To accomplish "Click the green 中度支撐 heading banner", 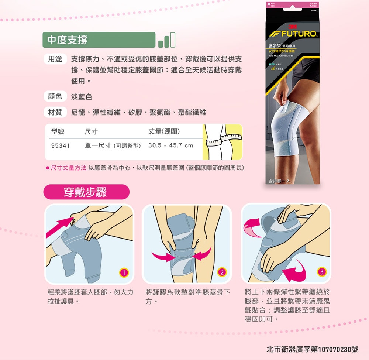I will pos(99,40).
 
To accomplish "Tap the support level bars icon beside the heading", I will pos(166,40).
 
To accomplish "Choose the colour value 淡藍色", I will pos(82,97).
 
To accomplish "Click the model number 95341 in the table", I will pos(61,145).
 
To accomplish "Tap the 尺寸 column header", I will pos(91,132).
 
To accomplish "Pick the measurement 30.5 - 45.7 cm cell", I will pos(170,145).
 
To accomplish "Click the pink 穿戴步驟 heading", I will pos(86,192).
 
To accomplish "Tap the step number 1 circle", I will pos(124,273).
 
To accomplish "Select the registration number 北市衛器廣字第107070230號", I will pos(312,349).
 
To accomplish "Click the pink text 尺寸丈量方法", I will pos(69,168).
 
